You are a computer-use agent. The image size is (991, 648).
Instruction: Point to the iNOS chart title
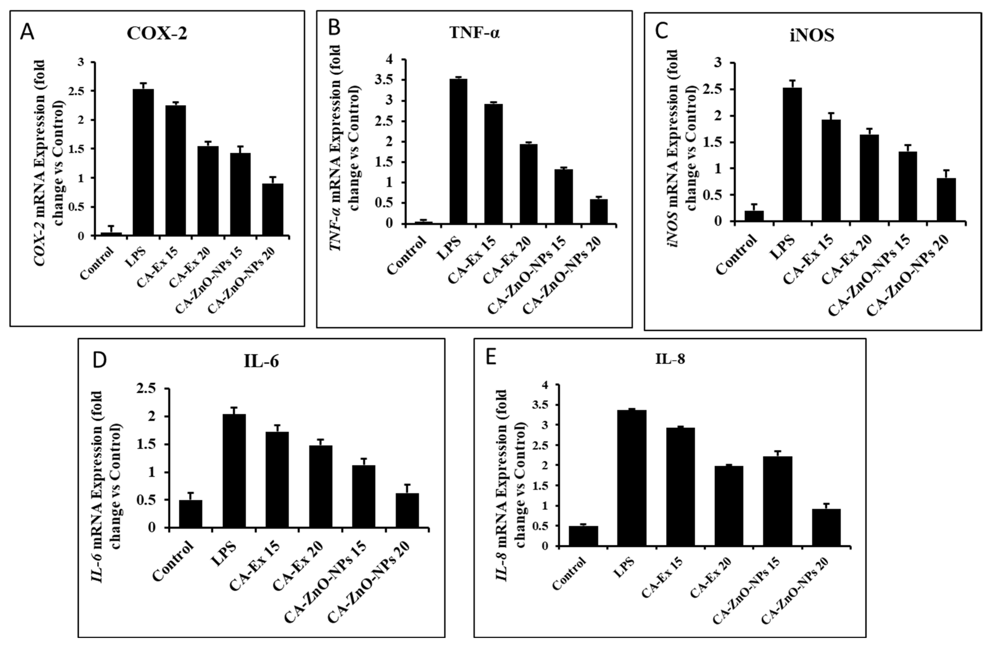[812, 36]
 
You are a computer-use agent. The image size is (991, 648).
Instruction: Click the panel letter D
[99, 361]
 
